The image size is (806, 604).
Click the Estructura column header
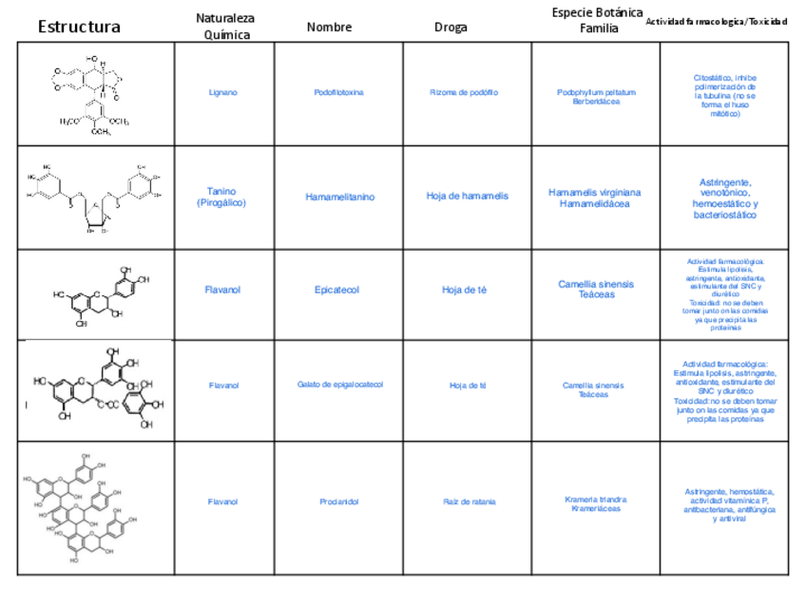pyautogui.click(x=79, y=27)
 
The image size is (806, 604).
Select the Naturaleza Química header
pyautogui.click(x=225, y=27)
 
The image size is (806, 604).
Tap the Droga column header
pyautogui.click(x=451, y=27)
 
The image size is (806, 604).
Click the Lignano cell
pyautogui.click(x=223, y=93)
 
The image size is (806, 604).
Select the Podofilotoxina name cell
pyautogui.click(x=338, y=93)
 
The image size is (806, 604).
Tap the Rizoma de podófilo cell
pyautogui.click(x=464, y=93)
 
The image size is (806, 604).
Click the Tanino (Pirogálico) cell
pyautogui.click(x=224, y=198)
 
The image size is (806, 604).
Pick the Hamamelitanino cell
pyautogui.click(x=339, y=198)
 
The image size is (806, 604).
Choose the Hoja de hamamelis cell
pyautogui.click(x=467, y=197)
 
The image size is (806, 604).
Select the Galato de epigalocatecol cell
pyautogui.click(x=339, y=385)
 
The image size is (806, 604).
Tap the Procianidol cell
pyautogui.click(x=339, y=501)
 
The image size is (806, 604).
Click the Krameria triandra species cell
pyautogui.click(x=596, y=504)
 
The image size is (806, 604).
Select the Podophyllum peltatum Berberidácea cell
pyautogui.click(x=596, y=97)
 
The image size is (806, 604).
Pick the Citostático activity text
pyautogui.click(x=725, y=95)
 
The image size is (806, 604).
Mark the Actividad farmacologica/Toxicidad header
pyautogui.click(x=716, y=22)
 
